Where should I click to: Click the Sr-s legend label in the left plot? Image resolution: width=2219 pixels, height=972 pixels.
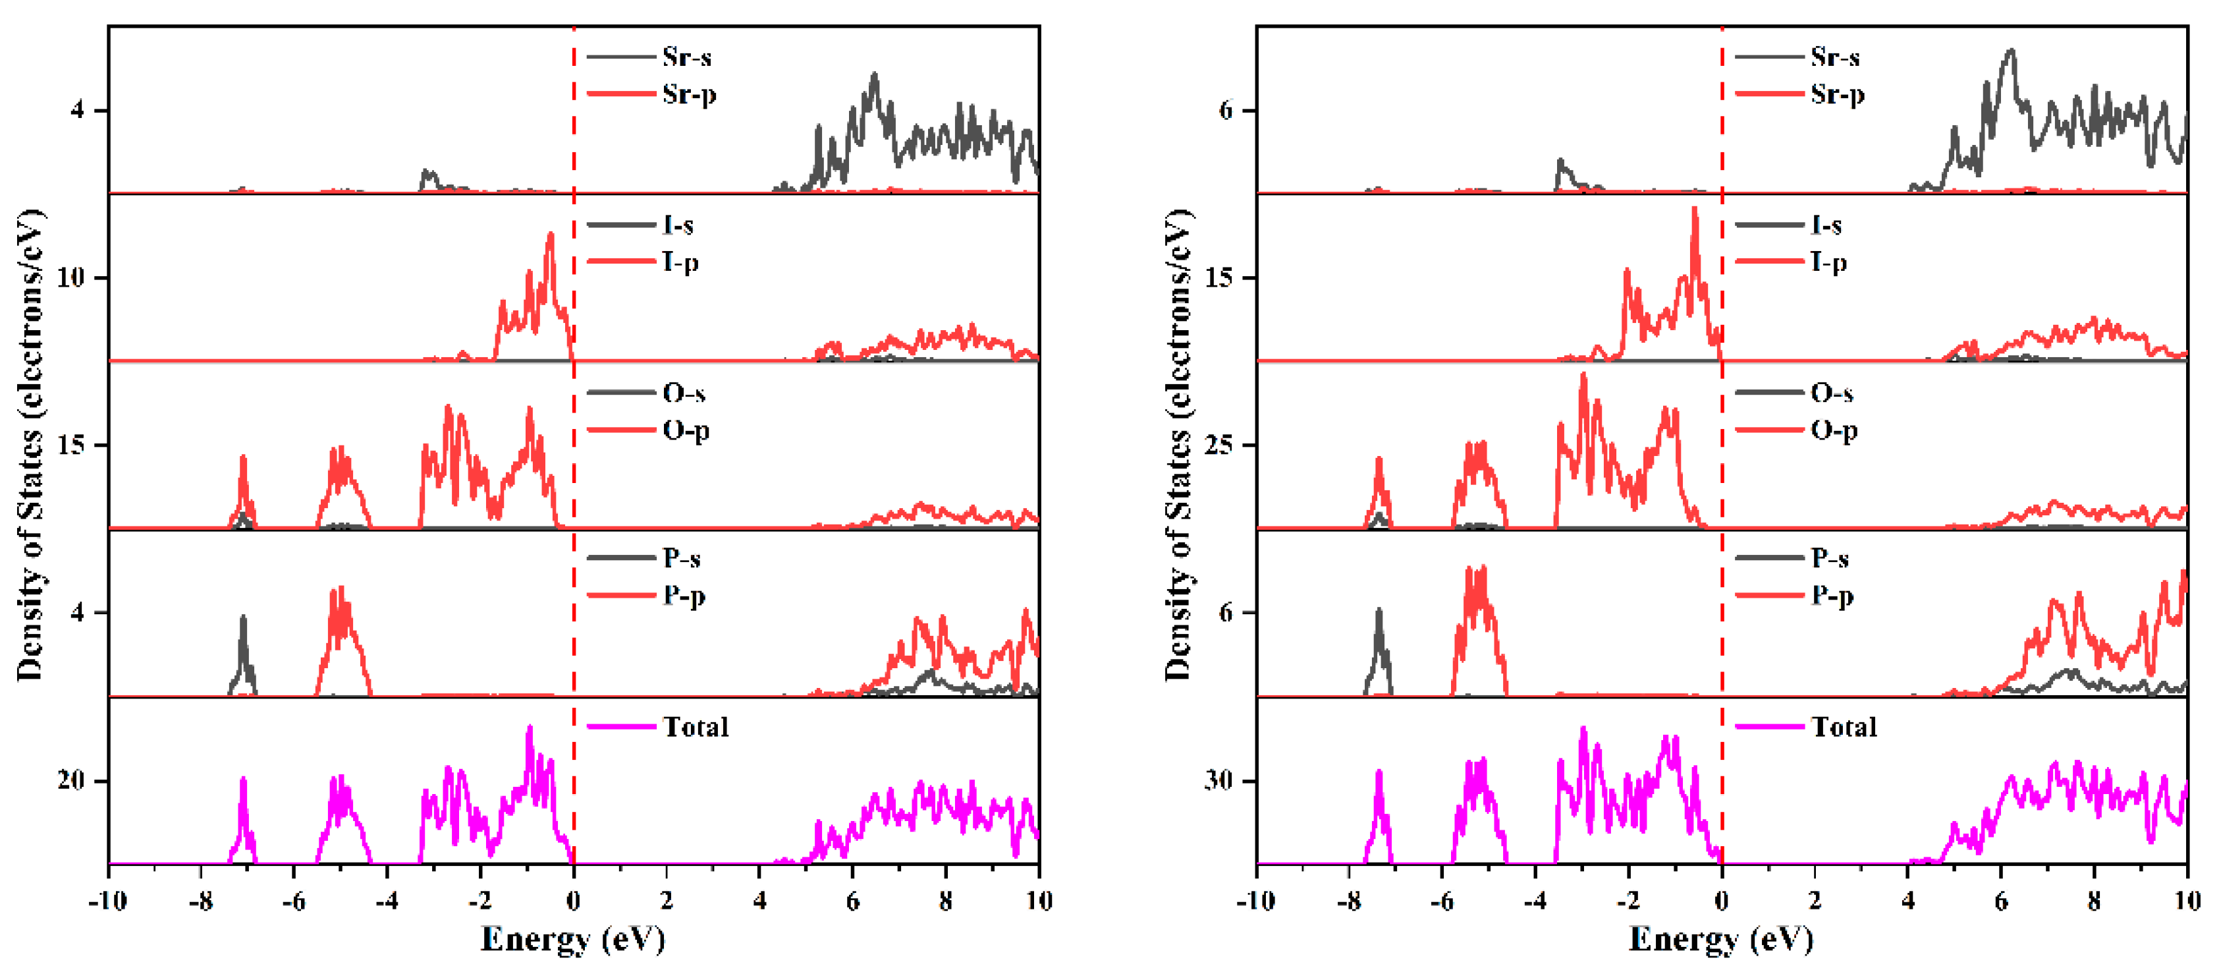tap(686, 57)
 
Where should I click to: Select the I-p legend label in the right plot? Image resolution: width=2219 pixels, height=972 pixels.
tap(1828, 262)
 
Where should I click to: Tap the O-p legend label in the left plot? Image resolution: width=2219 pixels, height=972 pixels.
tap(686, 430)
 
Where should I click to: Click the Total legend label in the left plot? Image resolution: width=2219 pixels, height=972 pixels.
tap(695, 728)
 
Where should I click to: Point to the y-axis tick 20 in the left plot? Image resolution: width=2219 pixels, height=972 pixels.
tap(72, 781)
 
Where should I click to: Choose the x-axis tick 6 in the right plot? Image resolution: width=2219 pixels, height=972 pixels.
tap(2000, 901)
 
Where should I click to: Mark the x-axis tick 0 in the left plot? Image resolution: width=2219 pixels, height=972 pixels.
tap(574, 901)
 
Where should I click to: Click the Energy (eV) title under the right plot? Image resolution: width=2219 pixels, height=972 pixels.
tap(1721, 939)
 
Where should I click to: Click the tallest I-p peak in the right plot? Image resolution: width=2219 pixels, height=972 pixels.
tap(1695, 210)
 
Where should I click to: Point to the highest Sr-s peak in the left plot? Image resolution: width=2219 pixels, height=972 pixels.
tap(875, 76)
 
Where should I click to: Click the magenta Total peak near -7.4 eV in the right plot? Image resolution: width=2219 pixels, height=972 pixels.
tap(1379, 773)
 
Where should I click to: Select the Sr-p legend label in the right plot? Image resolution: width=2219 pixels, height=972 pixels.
tap(1836, 94)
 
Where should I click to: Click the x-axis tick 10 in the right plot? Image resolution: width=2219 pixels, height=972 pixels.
tap(2186, 901)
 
